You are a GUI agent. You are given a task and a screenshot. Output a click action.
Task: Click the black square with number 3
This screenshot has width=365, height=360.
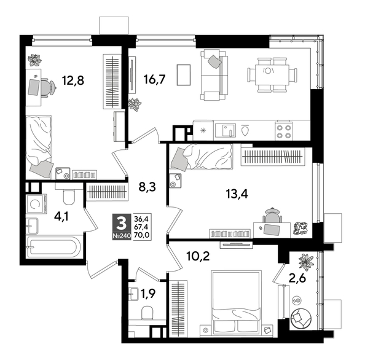pyautogui.click(x=121, y=220)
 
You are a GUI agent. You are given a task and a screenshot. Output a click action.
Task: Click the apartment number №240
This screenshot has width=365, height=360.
pyautogui.click(x=121, y=234)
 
